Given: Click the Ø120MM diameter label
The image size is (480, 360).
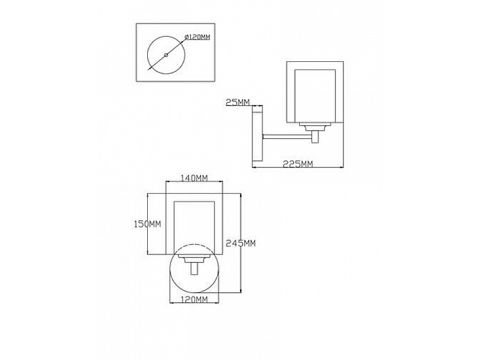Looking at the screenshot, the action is click(197, 37).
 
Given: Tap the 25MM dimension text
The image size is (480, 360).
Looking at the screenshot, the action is click(237, 102).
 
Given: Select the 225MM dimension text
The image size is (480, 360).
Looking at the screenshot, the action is click(298, 164).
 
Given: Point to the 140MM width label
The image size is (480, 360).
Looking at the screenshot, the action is click(194, 178).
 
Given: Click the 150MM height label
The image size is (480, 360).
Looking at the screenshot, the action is click(148, 224).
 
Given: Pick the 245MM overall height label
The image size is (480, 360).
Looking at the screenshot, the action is click(241, 243).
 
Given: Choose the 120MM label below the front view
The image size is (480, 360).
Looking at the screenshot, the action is click(194, 299).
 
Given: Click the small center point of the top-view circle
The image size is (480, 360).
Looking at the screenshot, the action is click(166, 55).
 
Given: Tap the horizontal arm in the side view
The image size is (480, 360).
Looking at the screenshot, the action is click(287, 136).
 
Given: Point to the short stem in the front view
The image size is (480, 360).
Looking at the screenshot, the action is click(194, 268).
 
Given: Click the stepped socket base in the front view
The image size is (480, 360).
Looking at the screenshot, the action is click(194, 258).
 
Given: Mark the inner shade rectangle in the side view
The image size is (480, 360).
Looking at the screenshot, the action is click(315, 96).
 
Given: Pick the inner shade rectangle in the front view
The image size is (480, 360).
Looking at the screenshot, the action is click(194, 228).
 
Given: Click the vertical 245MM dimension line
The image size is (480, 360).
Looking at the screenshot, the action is click(241, 243).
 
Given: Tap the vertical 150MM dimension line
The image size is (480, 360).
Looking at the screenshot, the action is click(148, 224).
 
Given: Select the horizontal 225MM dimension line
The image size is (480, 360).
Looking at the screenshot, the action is click(298, 167).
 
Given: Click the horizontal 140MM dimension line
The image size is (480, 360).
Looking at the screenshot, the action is click(194, 181).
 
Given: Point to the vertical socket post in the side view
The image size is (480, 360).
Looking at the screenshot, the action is click(315, 137).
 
